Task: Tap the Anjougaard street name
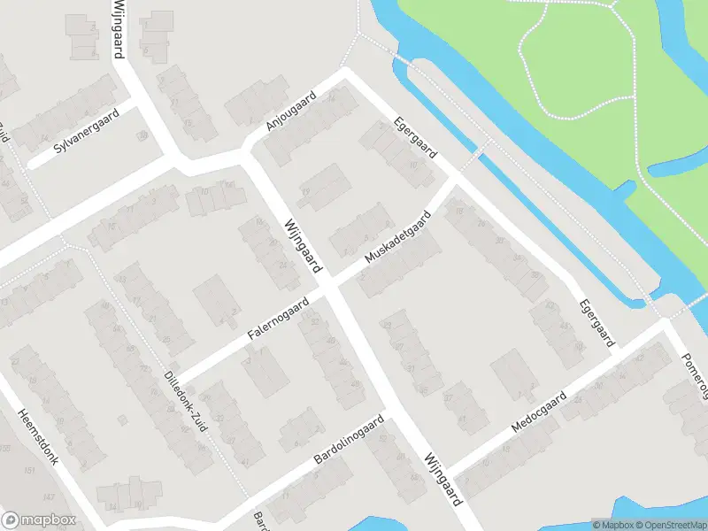pyautogui.click(x=291, y=113)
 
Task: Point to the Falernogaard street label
pyautogui.click(x=278, y=319)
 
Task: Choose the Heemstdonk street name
pyautogui.click(x=38, y=439)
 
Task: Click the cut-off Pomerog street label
pyautogui.click(x=696, y=372)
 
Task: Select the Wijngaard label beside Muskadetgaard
pyautogui.click(x=303, y=246)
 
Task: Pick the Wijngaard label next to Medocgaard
pyautogui.click(x=443, y=478)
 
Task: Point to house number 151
pyautogui.click(x=29, y=469)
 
